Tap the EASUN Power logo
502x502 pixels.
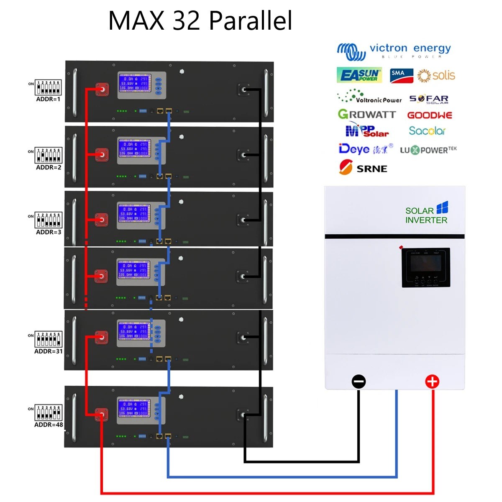click(x=359, y=75)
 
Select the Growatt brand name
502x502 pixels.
click(x=366, y=114)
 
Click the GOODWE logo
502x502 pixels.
click(x=430, y=115)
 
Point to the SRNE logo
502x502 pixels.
click(x=363, y=168)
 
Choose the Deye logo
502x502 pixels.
click(x=365, y=149)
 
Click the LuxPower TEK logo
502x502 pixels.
click(x=428, y=150)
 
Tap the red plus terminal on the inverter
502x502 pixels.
click(x=432, y=382)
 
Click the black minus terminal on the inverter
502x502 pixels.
click(x=359, y=382)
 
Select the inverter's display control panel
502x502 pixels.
click(x=426, y=267)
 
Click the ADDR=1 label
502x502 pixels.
click(x=48, y=99)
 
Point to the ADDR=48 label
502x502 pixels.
click(x=49, y=425)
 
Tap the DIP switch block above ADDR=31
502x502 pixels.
click(x=49, y=339)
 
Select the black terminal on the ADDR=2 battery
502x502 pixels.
click(x=243, y=155)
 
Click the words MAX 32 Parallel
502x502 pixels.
click(x=200, y=20)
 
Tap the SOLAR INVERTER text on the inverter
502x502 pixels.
click(x=426, y=215)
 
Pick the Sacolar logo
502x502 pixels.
click(x=427, y=131)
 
